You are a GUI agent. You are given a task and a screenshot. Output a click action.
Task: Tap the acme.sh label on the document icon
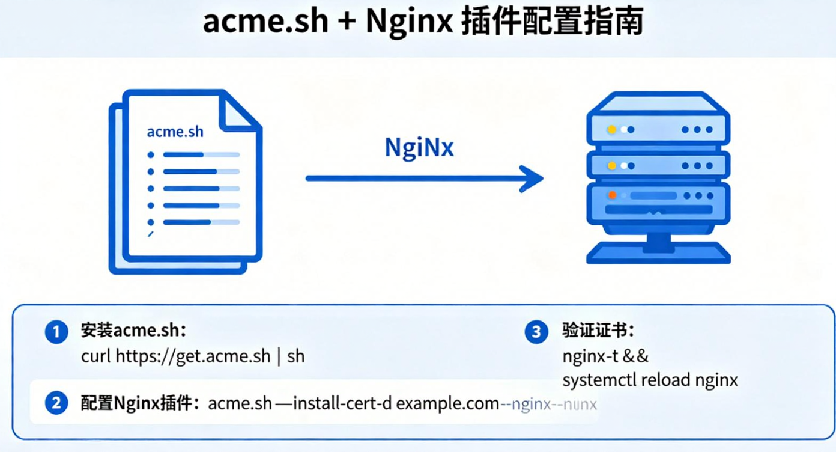(x=175, y=132)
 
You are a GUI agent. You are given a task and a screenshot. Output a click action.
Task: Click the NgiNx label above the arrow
(x=419, y=148)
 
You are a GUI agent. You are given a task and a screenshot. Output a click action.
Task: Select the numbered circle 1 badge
(x=56, y=332)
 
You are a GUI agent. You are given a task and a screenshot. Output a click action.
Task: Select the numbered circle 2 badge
(x=56, y=403)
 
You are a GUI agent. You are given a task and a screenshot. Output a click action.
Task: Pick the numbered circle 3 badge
(x=536, y=332)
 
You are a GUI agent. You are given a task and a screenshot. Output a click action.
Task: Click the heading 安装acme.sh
(x=134, y=331)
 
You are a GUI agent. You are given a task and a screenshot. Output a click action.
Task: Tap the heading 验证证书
(x=599, y=331)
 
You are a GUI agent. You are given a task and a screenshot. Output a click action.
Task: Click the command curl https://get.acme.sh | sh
(x=193, y=356)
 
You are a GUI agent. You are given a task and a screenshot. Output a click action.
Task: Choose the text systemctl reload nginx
(x=650, y=380)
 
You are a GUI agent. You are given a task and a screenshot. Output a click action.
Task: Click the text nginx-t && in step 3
(x=605, y=356)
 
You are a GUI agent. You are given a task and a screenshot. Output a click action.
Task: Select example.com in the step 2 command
(x=447, y=403)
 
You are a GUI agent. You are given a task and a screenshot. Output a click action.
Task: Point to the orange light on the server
(x=612, y=195)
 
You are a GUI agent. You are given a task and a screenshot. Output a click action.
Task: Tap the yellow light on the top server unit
(x=612, y=129)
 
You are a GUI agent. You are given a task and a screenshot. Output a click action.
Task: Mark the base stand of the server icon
(x=658, y=253)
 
